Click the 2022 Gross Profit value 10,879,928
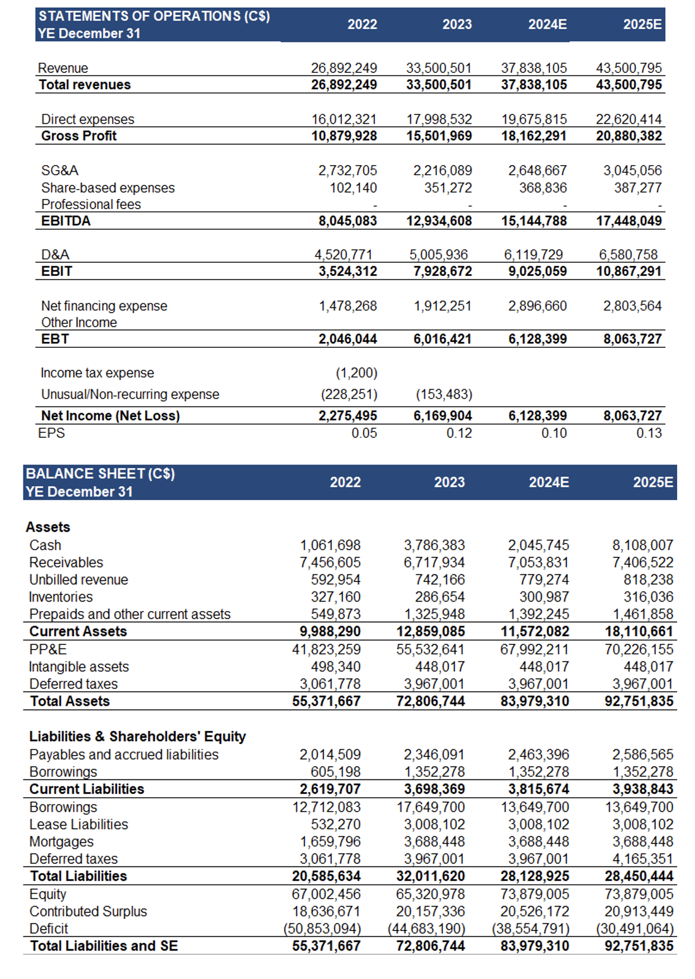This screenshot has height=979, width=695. [344, 136]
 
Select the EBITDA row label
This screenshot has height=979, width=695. [66, 221]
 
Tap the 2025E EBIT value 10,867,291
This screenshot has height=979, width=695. [629, 272]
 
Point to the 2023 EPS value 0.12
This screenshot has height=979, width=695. [459, 433]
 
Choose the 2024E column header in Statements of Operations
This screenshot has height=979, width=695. [547, 25]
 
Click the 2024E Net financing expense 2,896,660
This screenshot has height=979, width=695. [537, 306]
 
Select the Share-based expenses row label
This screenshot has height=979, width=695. [108, 188]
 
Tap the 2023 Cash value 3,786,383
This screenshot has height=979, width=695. [434, 545]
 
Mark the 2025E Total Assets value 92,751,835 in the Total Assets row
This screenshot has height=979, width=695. [639, 701]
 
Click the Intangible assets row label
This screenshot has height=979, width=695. [79, 667]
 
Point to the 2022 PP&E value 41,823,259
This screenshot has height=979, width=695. [326, 650]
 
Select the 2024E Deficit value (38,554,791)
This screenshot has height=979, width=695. [530, 929]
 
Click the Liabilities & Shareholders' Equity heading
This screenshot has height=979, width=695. [137, 736]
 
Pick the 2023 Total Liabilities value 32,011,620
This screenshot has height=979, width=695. [431, 876]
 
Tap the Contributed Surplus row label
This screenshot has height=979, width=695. [88, 912]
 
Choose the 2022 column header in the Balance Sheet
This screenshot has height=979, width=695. [345, 482]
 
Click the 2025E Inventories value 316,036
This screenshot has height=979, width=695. [648, 597]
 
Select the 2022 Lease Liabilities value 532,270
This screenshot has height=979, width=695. [336, 825]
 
